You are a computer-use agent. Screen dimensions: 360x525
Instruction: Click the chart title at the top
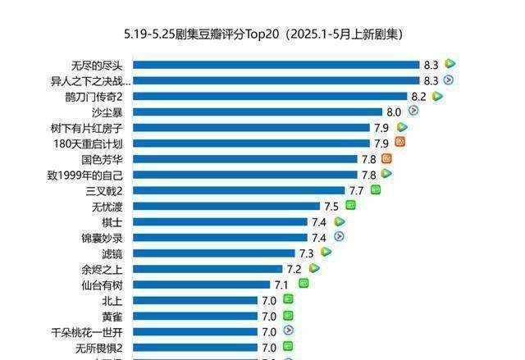[262, 34]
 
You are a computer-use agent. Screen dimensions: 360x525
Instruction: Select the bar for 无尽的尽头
[276, 65]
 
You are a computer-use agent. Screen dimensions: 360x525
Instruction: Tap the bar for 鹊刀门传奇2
[270, 96]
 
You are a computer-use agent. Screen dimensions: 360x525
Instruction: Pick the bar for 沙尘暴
[258, 112]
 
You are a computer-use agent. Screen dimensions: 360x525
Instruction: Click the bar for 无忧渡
[226, 206]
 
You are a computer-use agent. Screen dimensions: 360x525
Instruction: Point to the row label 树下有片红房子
[86, 127]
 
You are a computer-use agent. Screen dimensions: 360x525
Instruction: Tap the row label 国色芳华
[103, 159]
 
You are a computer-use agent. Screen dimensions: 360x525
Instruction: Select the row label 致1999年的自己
[85, 175]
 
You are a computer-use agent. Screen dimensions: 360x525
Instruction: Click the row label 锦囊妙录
[102, 238]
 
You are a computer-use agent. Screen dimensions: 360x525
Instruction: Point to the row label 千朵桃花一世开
[86, 332]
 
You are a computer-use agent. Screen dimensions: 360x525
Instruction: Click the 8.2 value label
[418, 96]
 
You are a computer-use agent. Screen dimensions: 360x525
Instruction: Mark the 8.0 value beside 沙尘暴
[394, 112]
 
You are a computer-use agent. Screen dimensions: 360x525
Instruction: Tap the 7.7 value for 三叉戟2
[356, 190]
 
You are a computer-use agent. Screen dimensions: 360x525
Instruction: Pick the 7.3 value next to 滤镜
[307, 253]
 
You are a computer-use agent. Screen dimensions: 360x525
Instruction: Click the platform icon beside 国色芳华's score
[386, 158]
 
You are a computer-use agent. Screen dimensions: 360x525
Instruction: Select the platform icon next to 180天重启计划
[400, 142]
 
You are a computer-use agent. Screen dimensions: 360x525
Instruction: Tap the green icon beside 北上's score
[288, 299]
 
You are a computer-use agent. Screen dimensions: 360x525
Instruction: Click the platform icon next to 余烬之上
[314, 268]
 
